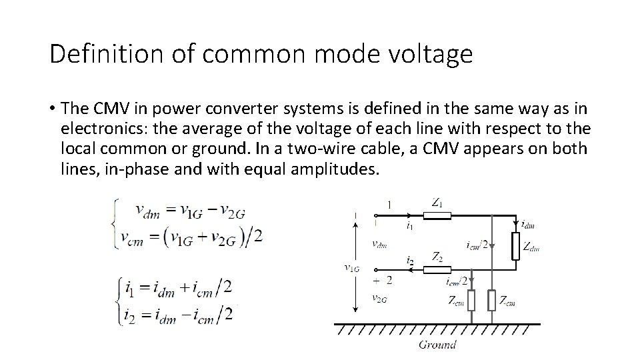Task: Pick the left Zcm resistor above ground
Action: point(471,300)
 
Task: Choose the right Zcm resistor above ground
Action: point(491,300)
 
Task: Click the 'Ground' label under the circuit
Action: point(437,344)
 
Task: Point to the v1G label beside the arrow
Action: point(351,268)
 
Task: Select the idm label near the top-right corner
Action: point(527,225)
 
